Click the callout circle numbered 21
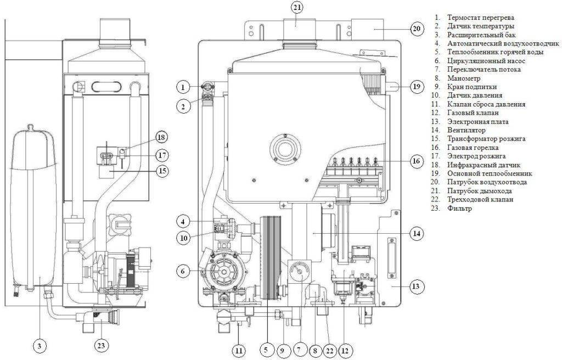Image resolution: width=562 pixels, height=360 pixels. pos(296,8)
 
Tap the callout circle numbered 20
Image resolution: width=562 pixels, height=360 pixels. pos(417,29)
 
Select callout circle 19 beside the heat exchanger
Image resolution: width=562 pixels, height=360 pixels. pos(417,86)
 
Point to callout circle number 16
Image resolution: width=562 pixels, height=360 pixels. pos(416,161)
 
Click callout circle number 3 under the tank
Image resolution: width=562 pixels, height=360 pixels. pos(40,346)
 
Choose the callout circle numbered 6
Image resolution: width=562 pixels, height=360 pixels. pos(183,271)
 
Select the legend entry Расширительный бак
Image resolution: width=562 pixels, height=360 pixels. pos(476,35)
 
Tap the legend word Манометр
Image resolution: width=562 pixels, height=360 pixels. pos(463,78)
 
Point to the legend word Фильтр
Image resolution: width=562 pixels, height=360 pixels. pos(459,209)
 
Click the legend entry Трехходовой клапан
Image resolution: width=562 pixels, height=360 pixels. pos(480,199)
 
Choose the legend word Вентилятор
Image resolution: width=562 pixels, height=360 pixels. pos(467,130)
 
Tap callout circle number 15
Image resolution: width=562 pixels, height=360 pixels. pos(162,171)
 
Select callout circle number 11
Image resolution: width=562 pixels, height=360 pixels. pos(239,350)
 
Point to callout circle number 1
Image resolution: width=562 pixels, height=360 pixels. pos(183,87)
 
